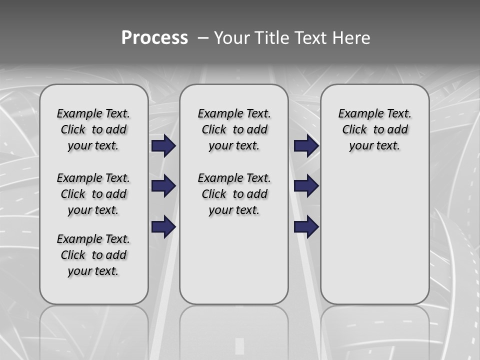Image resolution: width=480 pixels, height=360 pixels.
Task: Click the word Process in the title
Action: click(154, 37)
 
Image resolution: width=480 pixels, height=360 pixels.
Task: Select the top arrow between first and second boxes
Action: click(163, 145)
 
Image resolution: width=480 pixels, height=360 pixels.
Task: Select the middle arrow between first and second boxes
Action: click(163, 186)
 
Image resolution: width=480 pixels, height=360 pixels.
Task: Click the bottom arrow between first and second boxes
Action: click(163, 226)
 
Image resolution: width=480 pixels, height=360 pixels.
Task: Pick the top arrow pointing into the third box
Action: click(306, 145)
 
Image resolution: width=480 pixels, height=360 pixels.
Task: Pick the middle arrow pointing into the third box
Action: click(306, 186)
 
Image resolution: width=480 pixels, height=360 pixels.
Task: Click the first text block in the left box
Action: click(93, 129)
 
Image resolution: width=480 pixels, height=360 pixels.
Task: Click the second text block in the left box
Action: click(93, 194)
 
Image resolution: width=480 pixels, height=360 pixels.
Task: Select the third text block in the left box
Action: click(93, 255)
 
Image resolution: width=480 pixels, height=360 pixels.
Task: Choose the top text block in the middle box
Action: click(234, 129)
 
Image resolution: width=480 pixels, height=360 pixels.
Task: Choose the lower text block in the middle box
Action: click(234, 194)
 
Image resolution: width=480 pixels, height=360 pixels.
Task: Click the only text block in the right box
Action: click(375, 129)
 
